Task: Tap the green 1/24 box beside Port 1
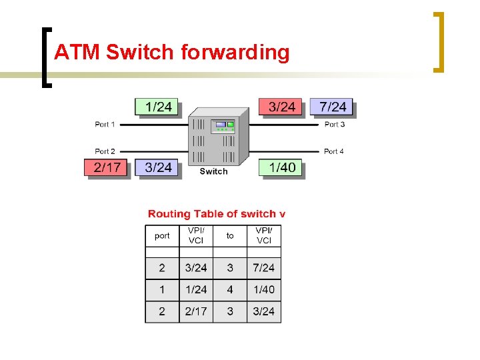point(158,107)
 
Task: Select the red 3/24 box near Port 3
point(281,107)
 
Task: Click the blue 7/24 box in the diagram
point(332,107)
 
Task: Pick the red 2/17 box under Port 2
point(107,167)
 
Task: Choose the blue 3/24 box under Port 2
point(158,167)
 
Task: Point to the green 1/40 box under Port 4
point(281,167)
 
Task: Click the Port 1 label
point(105,124)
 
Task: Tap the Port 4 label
point(334,151)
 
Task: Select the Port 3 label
point(334,124)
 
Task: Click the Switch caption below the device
point(213,171)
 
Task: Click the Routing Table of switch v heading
point(217,214)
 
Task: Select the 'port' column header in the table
point(162,235)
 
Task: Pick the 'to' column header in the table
point(230,235)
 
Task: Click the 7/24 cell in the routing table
point(264,268)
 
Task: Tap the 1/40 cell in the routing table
point(264,289)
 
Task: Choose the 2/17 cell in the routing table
point(196,311)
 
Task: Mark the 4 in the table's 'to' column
point(230,289)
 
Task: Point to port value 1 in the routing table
point(162,289)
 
